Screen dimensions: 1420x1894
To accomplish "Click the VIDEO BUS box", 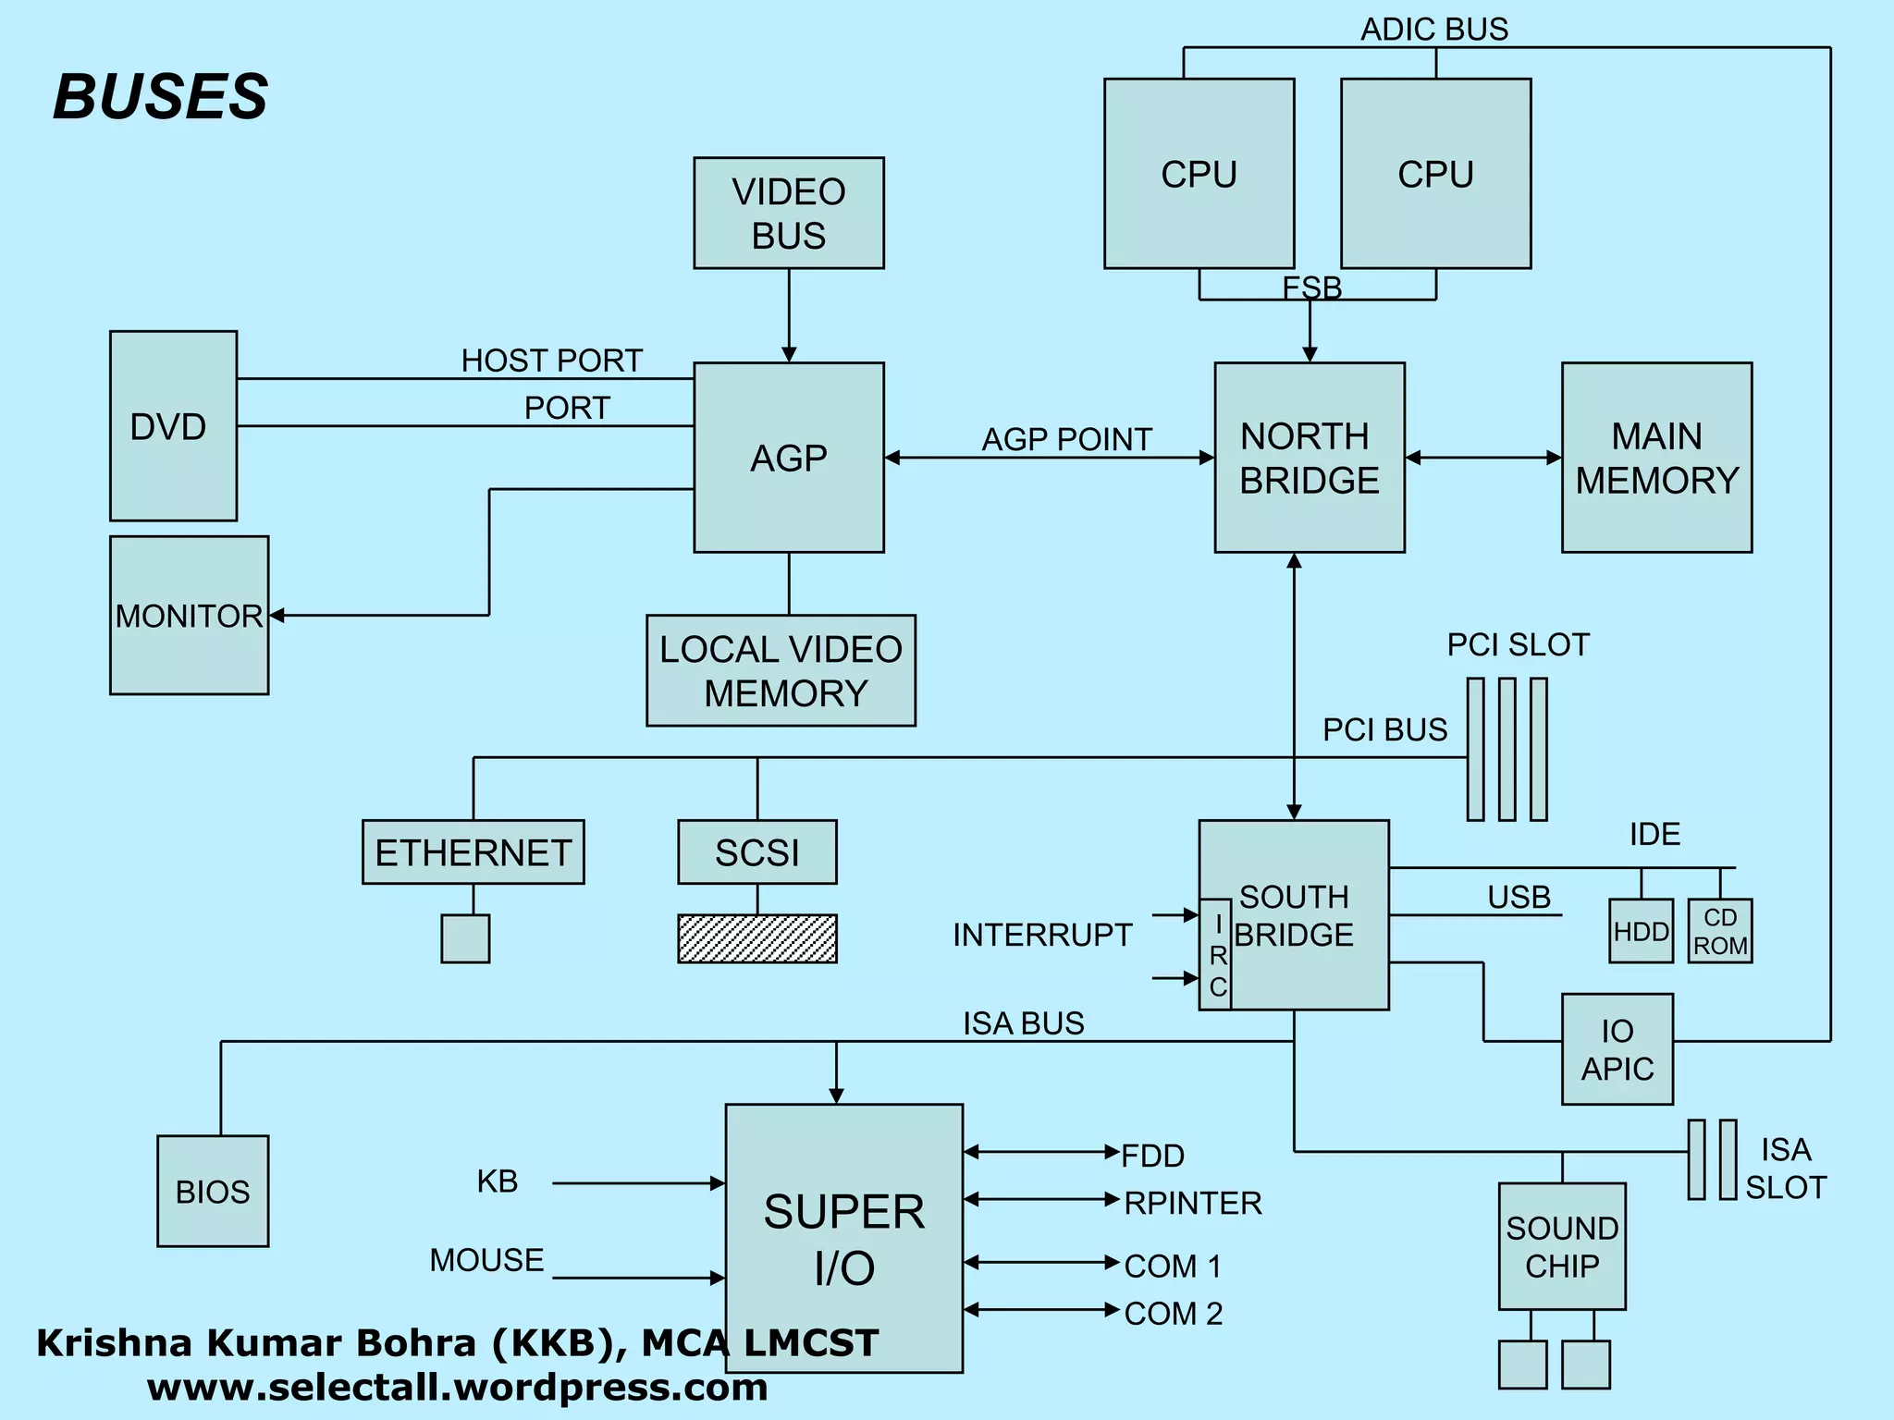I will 789,213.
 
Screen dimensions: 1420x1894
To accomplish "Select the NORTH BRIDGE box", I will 1309,458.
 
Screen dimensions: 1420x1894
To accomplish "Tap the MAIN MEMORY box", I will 1656,458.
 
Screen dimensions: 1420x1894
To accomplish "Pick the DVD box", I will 173,426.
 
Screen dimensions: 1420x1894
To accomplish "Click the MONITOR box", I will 189,616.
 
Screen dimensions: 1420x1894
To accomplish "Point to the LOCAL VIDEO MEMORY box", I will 781,670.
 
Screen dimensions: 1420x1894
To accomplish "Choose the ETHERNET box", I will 473,851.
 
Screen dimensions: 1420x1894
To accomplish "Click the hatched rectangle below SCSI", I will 756,938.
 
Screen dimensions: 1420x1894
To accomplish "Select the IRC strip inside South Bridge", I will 1216,954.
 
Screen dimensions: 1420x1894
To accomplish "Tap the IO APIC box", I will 1617,1049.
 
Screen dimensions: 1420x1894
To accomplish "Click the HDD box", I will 1641,931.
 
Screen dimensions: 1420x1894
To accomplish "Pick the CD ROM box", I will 1719,931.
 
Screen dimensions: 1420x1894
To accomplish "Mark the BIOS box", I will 213,1191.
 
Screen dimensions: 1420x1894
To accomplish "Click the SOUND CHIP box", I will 1561,1246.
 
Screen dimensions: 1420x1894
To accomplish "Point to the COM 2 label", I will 1173,1313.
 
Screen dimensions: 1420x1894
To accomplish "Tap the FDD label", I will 1152,1156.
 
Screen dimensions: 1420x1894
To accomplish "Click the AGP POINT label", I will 1066,439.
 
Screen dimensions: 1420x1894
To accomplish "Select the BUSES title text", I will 160,96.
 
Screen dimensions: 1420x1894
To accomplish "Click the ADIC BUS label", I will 1433,29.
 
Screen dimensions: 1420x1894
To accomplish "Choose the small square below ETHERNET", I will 465,938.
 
